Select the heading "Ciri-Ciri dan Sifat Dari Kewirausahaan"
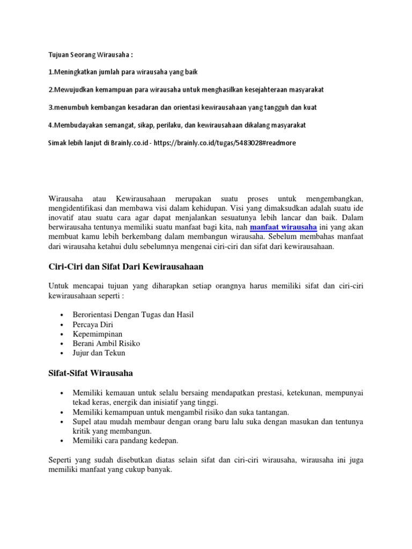click(126, 266)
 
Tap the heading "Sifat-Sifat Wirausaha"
click(91, 372)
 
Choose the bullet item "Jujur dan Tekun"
click(99, 353)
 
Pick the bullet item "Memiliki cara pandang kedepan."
click(125, 440)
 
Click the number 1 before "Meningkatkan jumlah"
click(50, 72)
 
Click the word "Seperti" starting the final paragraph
click(60, 459)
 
